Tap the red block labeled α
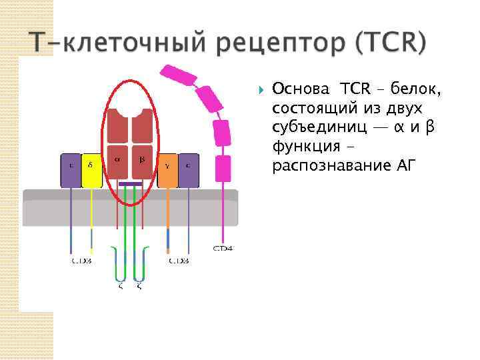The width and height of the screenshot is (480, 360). (x=118, y=162)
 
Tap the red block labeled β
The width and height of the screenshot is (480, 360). (x=142, y=162)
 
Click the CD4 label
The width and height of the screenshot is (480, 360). (x=222, y=248)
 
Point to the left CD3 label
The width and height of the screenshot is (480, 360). (x=81, y=261)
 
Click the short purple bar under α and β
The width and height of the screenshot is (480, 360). (x=130, y=184)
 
